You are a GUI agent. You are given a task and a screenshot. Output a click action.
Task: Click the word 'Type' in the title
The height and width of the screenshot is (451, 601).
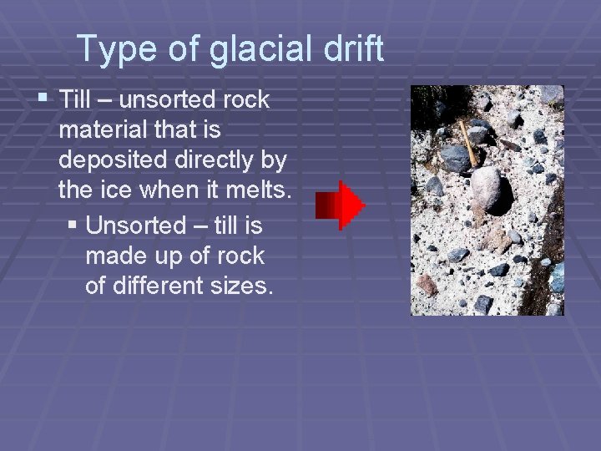click(109, 50)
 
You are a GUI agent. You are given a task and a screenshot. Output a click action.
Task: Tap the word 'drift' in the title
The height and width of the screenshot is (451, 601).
click(354, 50)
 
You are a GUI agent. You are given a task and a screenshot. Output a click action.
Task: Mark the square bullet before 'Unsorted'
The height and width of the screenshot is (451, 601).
click(73, 225)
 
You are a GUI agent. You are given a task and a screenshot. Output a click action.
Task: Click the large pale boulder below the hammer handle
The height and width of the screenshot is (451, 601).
click(487, 187)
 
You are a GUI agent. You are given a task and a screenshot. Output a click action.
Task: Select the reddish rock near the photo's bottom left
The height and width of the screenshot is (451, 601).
click(427, 284)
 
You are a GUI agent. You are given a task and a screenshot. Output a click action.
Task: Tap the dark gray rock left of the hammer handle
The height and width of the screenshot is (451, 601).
click(455, 158)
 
